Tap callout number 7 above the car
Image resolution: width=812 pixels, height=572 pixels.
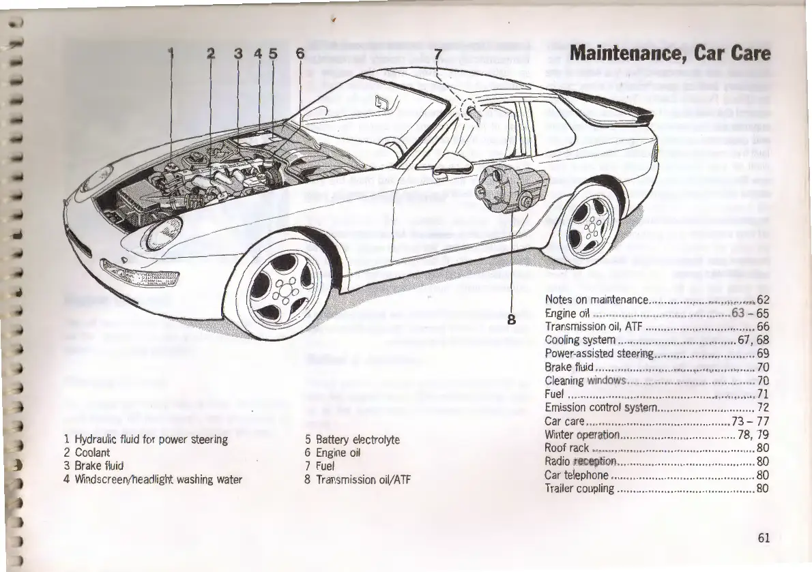(438, 53)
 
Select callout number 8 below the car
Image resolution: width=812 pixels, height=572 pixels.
(510, 318)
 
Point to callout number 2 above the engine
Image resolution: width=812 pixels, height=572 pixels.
(211, 53)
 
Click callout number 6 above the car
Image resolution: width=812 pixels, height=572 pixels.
(300, 53)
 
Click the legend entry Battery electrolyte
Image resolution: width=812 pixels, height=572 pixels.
(351, 440)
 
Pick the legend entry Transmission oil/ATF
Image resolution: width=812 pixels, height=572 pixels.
(356, 479)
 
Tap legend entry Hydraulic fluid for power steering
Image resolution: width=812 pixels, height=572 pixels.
(145, 440)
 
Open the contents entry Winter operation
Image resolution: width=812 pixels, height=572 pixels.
(582, 435)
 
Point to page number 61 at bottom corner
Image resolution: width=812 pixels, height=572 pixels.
(763, 538)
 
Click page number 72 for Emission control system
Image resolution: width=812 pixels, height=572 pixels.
(763, 408)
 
